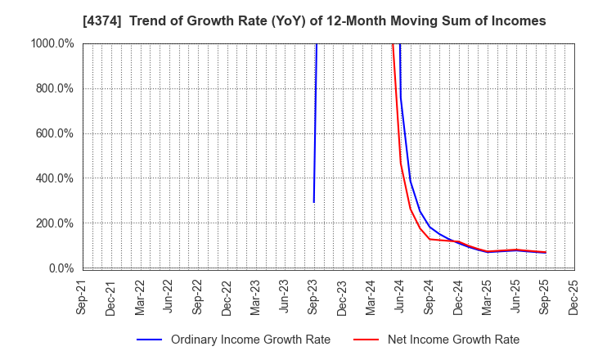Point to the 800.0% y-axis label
[55, 88]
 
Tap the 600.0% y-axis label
[55, 133]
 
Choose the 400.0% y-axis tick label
[55, 178]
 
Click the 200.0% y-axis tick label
[55, 223]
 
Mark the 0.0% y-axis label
[61, 268]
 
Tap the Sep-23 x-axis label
[314, 295]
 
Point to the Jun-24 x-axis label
[401, 295]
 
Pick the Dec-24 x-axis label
[458, 295]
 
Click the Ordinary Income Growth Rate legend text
[250, 340]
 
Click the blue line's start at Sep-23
[314, 202]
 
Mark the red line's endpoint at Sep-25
[545, 253]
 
